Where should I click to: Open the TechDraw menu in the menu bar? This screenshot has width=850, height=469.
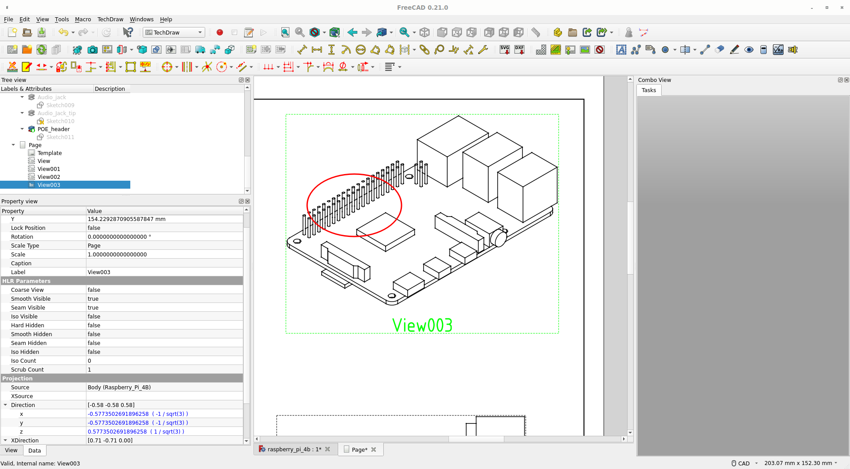coord(110,19)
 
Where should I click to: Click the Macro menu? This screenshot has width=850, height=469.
coord(82,19)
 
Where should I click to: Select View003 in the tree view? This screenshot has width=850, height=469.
coord(49,185)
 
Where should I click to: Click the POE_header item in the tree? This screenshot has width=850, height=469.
coord(54,129)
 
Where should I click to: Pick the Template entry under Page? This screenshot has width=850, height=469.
coord(50,153)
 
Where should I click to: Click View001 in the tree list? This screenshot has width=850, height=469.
coord(49,169)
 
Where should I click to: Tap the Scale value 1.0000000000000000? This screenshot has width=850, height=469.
coord(117,255)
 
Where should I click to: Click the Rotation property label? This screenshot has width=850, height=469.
coord(22,237)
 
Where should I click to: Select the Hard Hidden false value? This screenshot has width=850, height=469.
coord(94,326)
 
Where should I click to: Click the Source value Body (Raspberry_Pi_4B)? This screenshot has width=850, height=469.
coord(119,388)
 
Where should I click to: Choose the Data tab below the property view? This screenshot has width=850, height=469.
coord(35,451)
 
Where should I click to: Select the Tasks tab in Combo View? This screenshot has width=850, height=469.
coord(648,90)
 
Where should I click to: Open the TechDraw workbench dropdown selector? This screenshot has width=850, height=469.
coord(174,33)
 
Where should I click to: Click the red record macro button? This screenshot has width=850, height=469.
coord(220,33)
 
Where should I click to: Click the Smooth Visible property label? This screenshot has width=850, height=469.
coord(31,299)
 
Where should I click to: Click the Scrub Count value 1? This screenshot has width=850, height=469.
coord(90,370)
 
